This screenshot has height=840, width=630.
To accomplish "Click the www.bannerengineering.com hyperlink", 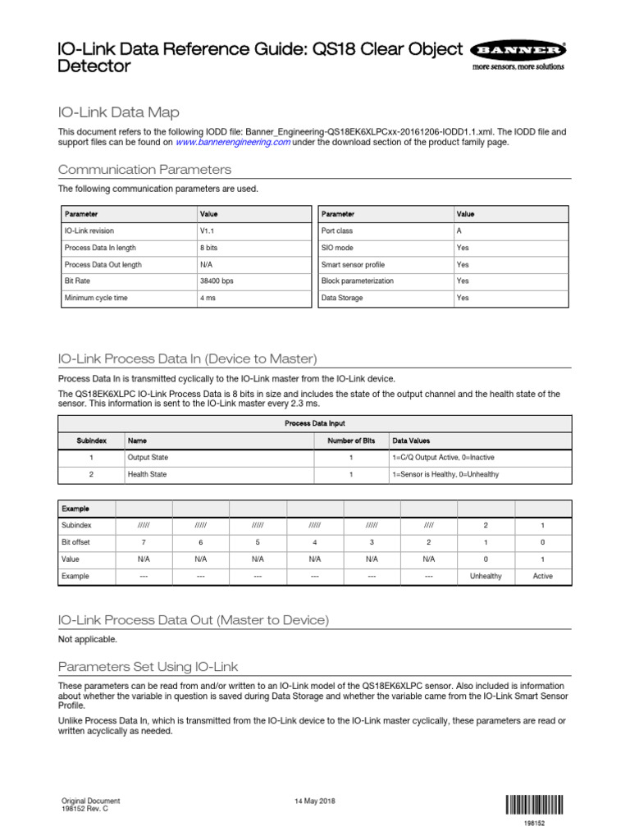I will [x=234, y=142].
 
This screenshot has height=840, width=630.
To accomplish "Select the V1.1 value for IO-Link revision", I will [x=206, y=231].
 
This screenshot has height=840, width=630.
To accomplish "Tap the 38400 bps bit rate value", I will [x=217, y=281].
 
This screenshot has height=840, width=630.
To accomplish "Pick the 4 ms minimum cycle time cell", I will [x=208, y=298].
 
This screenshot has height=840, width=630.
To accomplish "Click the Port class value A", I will [x=459, y=231].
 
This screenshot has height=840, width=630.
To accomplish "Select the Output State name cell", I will [x=148, y=458].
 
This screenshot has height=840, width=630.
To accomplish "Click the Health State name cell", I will [x=147, y=474].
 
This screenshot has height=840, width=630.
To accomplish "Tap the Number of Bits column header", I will [x=351, y=441].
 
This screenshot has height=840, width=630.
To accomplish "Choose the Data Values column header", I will [x=411, y=441].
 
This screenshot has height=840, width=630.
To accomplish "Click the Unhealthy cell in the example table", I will [x=486, y=576].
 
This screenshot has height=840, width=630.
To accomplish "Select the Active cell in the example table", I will [x=542, y=576].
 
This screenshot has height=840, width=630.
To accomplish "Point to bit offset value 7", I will [x=144, y=542].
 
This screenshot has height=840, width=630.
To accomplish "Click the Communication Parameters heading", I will [x=144, y=170].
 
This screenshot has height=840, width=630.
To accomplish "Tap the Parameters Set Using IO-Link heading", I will [x=148, y=666].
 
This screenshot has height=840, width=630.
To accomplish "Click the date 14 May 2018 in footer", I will [x=314, y=801].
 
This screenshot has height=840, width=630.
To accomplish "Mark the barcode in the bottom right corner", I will [x=534, y=804].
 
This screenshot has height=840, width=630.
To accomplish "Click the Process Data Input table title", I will [x=314, y=423].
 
